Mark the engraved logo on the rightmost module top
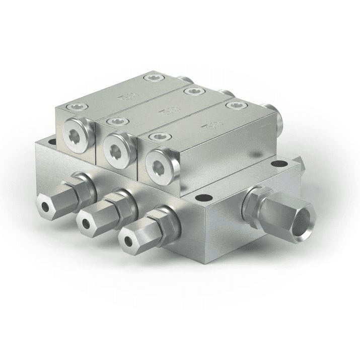205,124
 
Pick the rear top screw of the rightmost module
233,105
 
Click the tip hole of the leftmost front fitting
45,206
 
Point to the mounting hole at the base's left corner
52,142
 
